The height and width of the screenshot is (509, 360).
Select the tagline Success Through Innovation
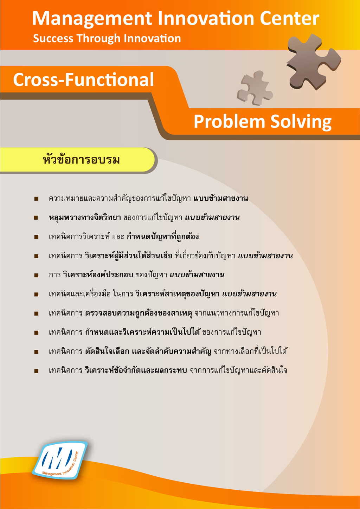(107, 38)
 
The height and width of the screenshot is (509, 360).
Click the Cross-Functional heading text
(84, 80)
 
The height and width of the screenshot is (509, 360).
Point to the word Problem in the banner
(229, 122)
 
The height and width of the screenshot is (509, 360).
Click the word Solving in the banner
(301, 122)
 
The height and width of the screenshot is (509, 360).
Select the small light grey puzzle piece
(255, 88)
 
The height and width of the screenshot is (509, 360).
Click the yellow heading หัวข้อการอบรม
(81, 160)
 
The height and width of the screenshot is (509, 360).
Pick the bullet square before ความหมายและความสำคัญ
(36, 199)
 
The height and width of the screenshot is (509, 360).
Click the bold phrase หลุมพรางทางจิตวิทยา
(85, 218)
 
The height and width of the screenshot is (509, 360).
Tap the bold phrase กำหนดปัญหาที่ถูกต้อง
(163, 237)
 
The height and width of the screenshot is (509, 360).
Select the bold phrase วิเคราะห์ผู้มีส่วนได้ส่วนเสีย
(128, 256)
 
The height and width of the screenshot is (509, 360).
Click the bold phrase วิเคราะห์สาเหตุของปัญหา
(178, 294)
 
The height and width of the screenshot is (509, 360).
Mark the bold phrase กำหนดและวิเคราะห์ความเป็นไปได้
(143, 332)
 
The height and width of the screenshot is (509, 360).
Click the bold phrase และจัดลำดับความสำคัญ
(171, 351)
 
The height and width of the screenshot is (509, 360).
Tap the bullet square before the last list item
(36, 371)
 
